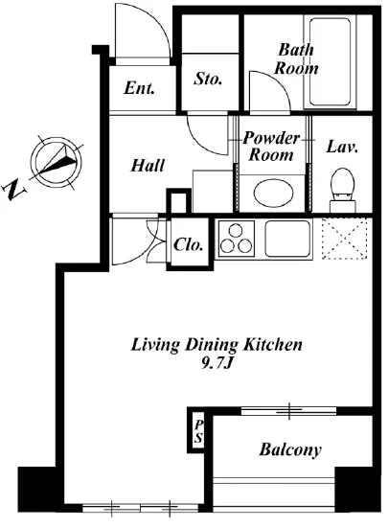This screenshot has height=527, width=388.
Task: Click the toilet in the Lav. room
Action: [x=342, y=191]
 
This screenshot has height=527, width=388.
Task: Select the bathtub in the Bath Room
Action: [x=330, y=62]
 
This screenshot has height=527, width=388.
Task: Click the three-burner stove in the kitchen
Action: [x=236, y=239]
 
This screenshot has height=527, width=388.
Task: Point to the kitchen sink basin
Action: [x=287, y=239]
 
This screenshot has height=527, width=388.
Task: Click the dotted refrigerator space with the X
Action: [x=344, y=239]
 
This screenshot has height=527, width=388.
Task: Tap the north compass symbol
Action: [x=57, y=162]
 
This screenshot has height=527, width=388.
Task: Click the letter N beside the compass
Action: [x=13, y=190]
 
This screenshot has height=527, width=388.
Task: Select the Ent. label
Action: [x=139, y=88]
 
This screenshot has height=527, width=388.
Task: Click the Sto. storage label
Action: [x=208, y=79]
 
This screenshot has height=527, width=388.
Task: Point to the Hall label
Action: [x=148, y=166]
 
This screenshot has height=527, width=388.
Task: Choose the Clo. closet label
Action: [x=188, y=244]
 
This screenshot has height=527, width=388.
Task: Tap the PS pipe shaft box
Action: [x=198, y=432]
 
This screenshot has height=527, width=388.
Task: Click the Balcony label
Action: [x=290, y=449]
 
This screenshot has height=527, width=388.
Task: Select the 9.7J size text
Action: [x=217, y=363]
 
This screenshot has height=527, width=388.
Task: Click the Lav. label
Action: [x=341, y=148]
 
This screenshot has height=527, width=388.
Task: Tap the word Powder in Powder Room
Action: [x=271, y=139]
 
